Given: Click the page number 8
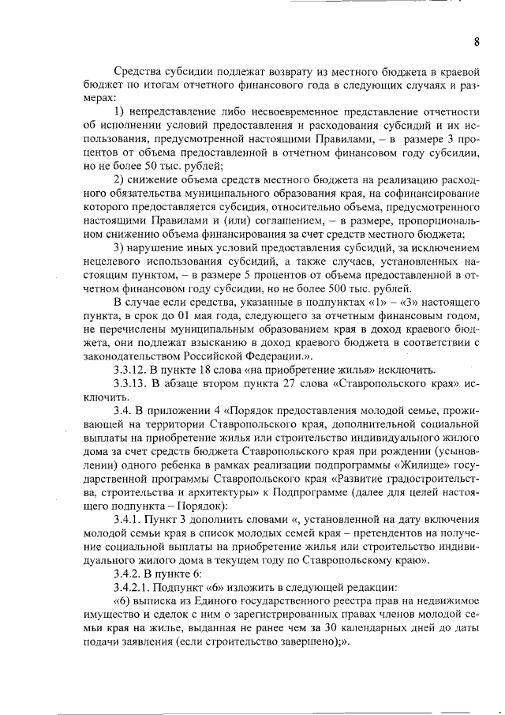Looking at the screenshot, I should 477,41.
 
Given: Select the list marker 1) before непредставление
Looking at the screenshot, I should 122,109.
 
